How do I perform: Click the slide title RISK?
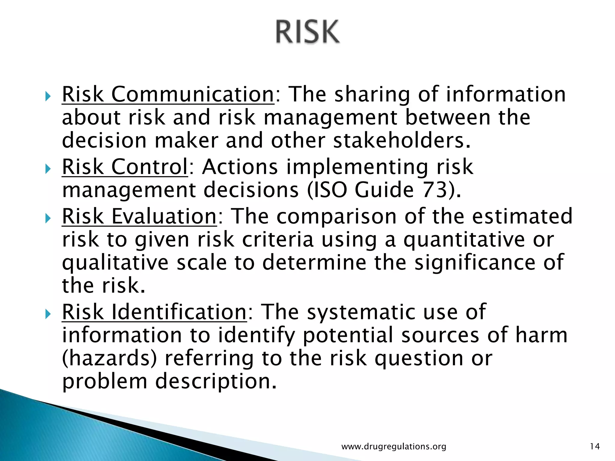pos(308,32)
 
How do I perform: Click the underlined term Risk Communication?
pos(168,95)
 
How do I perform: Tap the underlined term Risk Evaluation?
pos(139,216)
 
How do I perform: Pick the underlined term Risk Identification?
pos(154,312)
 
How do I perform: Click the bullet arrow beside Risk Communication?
pos(48,97)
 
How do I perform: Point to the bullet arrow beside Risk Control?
pos(48,169)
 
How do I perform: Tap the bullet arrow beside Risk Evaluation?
pos(48,218)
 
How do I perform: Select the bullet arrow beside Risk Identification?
pos(48,315)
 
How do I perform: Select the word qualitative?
pos(115,263)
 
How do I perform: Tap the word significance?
pos(475,263)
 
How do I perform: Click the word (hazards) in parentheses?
pos(109,358)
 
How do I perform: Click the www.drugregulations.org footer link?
pos(394,447)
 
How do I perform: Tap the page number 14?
pos(595,447)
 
